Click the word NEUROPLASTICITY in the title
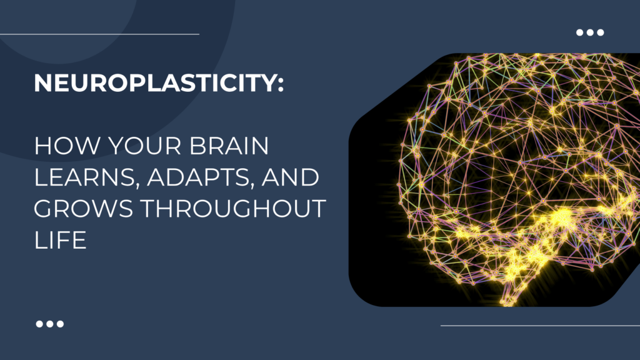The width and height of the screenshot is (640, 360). (x=153, y=83)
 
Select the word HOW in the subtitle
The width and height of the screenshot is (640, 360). (x=67, y=146)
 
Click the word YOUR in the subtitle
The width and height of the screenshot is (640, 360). (x=144, y=146)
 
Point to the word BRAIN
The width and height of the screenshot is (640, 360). (x=229, y=146)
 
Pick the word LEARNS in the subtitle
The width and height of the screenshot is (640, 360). (x=84, y=177)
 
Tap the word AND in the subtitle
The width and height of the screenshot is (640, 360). (x=290, y=177)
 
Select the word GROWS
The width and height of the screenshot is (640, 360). (x=83, y=208)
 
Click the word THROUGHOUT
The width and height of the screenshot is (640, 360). (x=233, y=208)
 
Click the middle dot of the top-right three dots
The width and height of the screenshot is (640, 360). (x=590, y=32)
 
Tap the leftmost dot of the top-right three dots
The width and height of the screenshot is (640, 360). (x=579, y=32)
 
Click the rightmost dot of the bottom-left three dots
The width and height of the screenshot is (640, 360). (x=61, y=324)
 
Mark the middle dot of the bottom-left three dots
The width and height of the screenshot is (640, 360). (x=50, y=324)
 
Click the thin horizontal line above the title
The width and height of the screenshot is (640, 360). (x=99, y=34)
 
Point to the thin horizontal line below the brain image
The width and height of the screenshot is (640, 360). (x=541, y=326)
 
